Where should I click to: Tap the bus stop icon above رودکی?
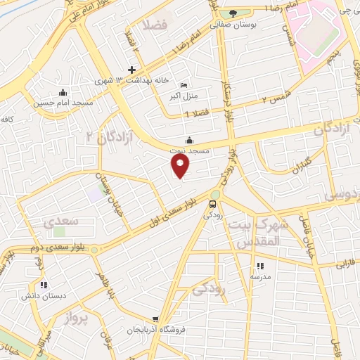coord(212,205)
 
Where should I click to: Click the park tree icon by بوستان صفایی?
coord(233,13)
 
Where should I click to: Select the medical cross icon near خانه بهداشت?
coord(131,70)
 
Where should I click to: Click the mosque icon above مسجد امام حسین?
coord(63,91)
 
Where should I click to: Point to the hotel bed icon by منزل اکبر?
coord(184,84)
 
